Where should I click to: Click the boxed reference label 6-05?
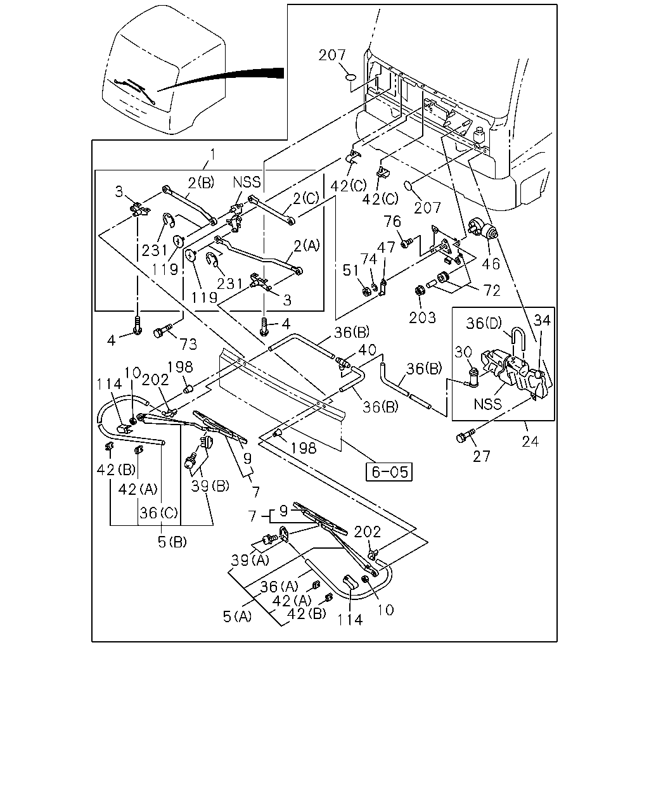390,472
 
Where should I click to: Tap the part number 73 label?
188,343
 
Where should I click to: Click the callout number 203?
422,317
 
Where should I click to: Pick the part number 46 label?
491,264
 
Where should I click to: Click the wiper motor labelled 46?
484,228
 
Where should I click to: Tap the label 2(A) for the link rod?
307,246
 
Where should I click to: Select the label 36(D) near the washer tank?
484,323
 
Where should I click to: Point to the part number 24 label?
530,441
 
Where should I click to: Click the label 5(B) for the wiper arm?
172,542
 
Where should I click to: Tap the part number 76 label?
392,221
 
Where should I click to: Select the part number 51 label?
350,270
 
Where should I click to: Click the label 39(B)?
210,486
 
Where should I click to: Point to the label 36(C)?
158,513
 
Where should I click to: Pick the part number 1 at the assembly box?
213,154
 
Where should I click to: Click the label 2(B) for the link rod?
201,182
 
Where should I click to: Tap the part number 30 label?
463,352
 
